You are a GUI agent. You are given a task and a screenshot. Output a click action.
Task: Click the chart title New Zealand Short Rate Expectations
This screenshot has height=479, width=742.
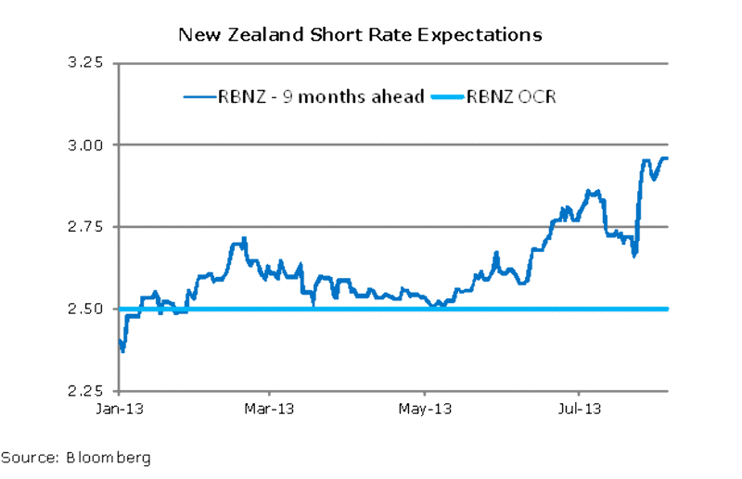[360, 35]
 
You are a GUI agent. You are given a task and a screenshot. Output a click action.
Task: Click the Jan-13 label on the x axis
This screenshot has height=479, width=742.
[121, 408]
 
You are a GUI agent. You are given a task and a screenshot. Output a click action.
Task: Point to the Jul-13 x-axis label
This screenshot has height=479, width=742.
[581, 408]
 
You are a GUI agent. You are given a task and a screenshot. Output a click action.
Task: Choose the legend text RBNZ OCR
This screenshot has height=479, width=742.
[514, 95]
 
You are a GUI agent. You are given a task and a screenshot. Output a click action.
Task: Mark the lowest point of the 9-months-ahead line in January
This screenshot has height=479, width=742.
[123, 350]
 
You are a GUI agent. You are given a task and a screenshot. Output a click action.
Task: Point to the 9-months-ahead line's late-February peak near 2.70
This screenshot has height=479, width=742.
[244, 240]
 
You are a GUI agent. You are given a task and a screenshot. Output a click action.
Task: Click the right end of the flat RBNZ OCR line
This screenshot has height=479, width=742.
[667, 309]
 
